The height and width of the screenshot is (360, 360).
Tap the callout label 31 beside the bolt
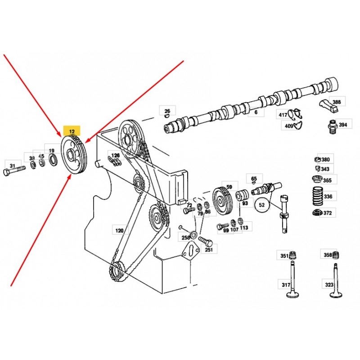tap(13, 166)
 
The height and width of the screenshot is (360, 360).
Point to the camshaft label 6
tap(256, 112)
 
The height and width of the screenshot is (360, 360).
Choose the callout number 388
tap(336, 102)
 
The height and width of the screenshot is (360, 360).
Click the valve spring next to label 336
tap(316, 196)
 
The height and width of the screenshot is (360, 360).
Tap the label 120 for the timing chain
tap(119, 230)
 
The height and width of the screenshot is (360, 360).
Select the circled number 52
tap(262, 205)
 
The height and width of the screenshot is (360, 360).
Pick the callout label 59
tap(229, 186)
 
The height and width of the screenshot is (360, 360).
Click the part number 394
tap(343, 125)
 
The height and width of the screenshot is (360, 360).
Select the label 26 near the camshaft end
tap(167, 111)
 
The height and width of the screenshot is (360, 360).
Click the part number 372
tap(327, 213)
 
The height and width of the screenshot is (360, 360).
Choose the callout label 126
tap(116, 156)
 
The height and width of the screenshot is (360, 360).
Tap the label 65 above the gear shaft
tap(254, 179)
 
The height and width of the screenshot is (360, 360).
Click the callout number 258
tap(185, 237)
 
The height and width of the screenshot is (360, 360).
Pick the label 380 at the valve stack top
tap(325, 159)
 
